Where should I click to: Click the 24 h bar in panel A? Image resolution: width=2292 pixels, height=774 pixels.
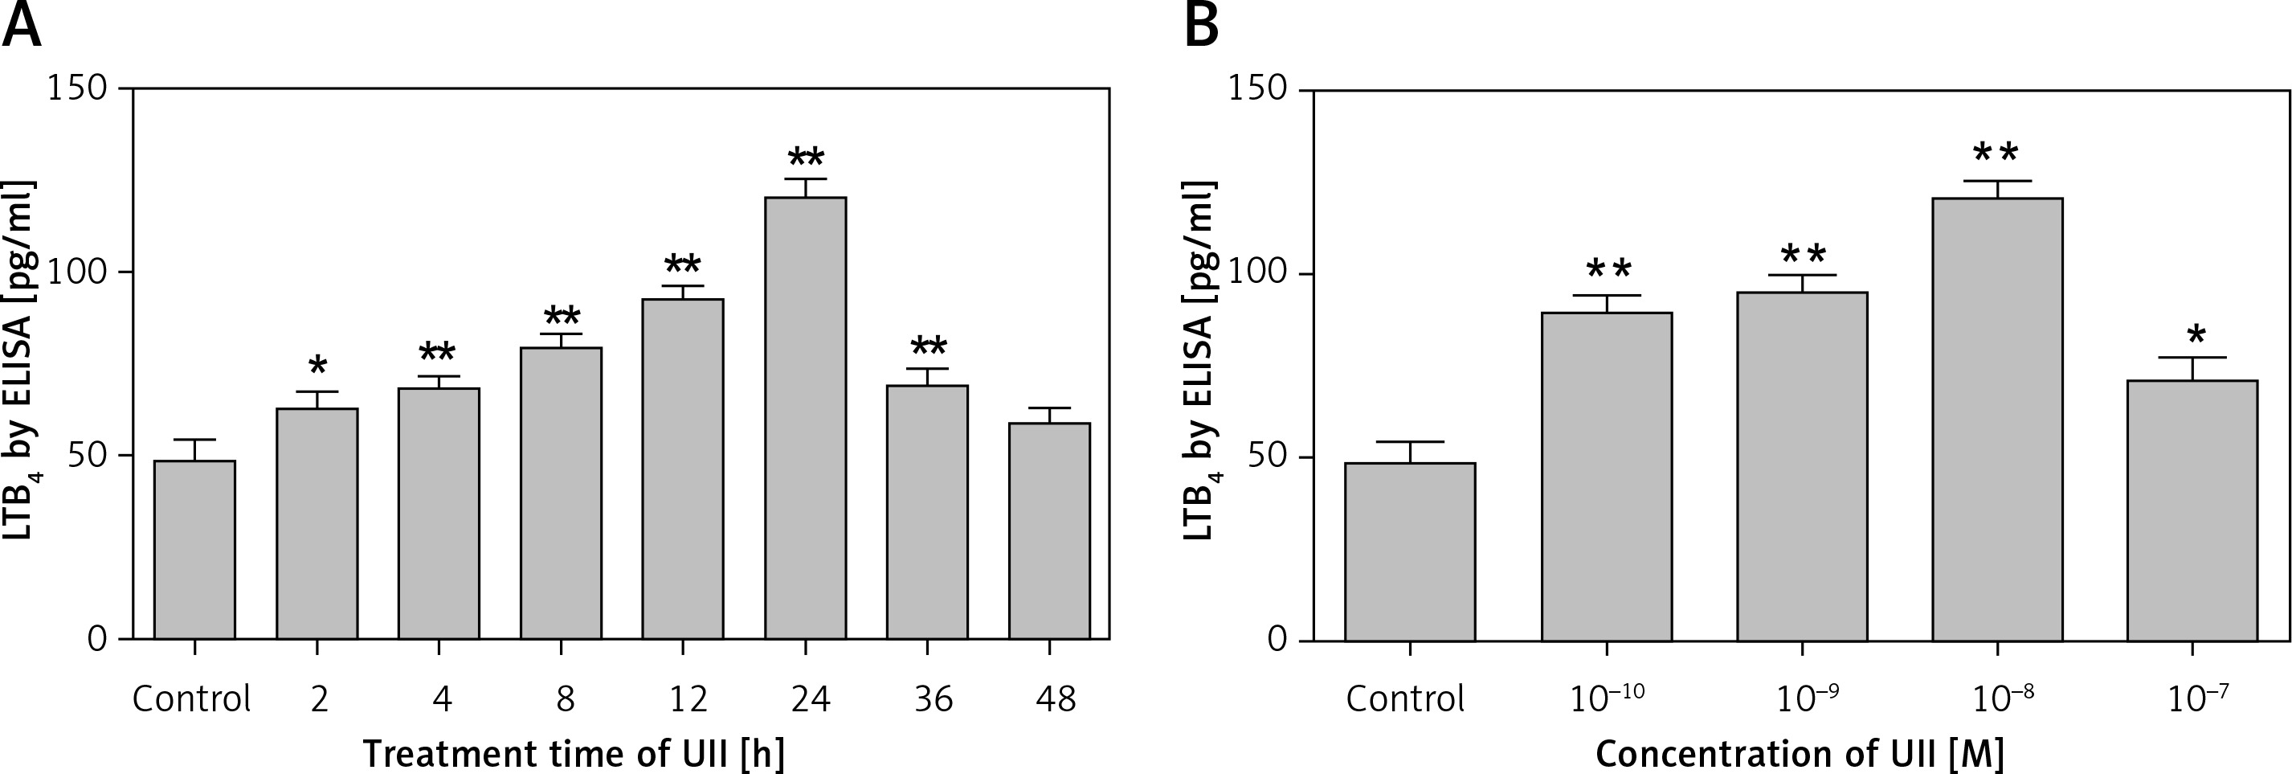805,418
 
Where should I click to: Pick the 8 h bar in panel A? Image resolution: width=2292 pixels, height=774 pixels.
561,493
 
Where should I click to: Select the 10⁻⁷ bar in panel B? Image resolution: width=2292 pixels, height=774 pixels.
2192,510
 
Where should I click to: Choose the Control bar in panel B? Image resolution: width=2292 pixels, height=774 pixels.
1410,551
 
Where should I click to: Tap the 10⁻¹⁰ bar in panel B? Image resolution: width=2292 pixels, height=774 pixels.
1607,477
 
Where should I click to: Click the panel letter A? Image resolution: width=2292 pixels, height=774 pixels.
22,27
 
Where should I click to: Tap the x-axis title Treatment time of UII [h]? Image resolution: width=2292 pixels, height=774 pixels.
574,755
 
